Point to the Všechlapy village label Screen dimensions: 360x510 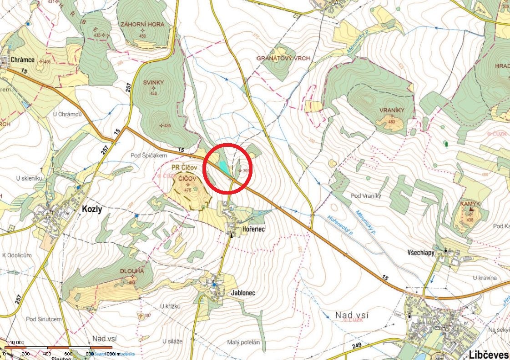click(x=420, y=252)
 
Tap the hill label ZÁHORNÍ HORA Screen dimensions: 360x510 click(x=142, y=24)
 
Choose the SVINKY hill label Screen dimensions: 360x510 click(x=153, y=82)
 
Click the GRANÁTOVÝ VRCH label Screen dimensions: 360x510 click(x=283, y=59)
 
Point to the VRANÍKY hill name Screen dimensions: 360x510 click(x=392, y=110)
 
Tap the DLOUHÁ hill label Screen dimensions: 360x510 click(x=132, y=271)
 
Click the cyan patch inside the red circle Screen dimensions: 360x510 click(x=223, y=167)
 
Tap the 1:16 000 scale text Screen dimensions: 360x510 click(x=15, y=343)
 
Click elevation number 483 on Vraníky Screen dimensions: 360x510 click(x=392, y=121)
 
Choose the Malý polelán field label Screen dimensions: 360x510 click(x=244, y=342)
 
